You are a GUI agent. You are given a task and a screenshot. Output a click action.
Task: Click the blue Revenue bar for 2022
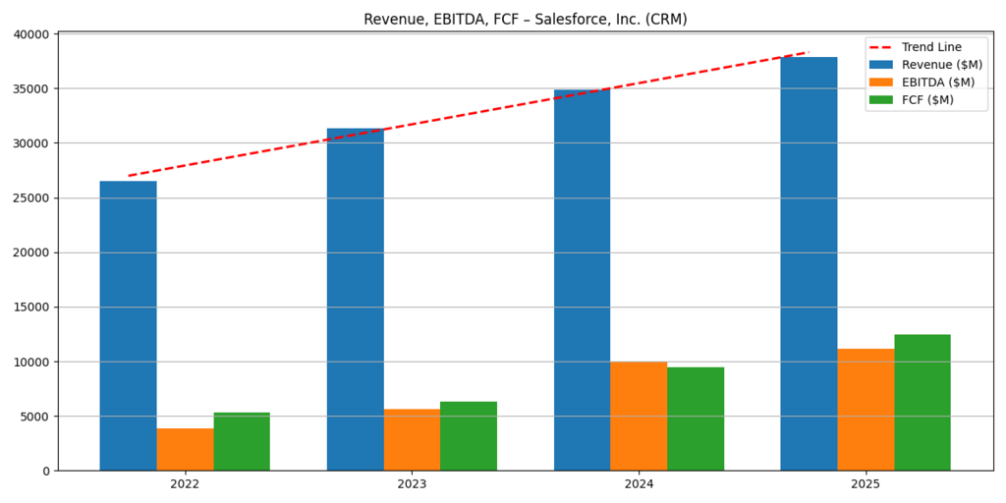128,325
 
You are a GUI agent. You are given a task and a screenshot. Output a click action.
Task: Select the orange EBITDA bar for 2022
185,449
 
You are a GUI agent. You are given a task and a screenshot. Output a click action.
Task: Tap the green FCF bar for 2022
242,441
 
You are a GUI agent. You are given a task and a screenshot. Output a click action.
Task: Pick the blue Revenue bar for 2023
355,299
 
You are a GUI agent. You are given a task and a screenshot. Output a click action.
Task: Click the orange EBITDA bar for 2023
412,439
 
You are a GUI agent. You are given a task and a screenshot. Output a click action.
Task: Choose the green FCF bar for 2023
469,435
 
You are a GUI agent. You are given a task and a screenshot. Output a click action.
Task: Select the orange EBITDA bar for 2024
639,416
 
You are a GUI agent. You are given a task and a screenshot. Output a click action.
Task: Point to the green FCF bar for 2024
696,419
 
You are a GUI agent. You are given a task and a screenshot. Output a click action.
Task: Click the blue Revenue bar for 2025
809,263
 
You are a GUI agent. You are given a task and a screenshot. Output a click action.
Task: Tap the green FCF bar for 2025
922,402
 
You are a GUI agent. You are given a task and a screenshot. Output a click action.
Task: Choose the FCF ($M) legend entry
927,100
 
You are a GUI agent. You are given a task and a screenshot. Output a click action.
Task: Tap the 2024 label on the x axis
639,484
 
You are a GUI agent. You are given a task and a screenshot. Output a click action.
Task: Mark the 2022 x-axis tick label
185,484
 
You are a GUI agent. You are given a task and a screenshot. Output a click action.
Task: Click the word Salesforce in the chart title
569,20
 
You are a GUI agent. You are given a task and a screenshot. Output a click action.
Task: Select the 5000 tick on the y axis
34,417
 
